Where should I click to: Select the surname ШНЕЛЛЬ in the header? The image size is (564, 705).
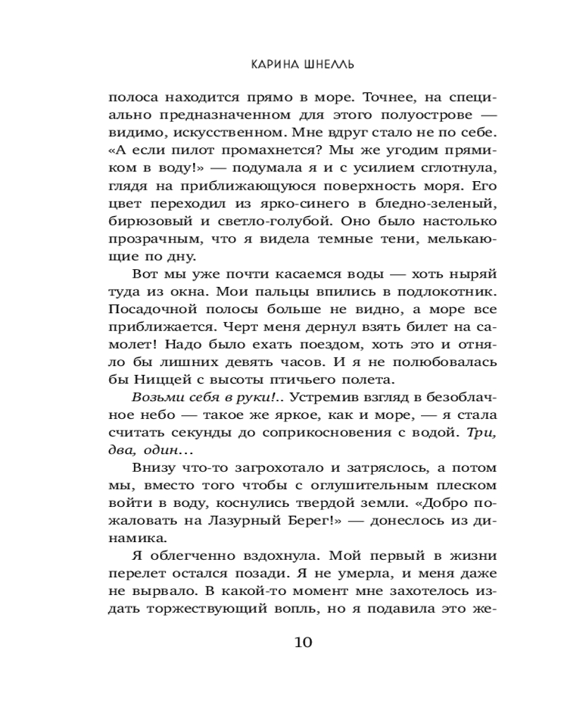(329, 63)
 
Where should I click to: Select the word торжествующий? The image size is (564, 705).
(235, 612)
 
